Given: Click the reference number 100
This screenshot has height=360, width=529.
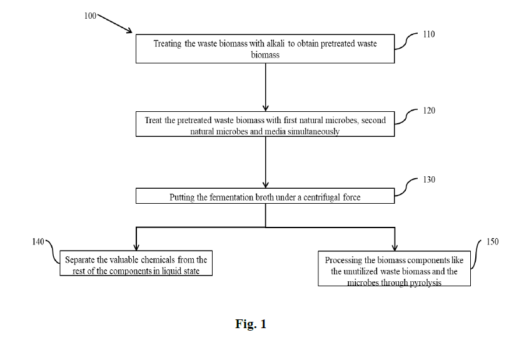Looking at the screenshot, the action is click(90, 16).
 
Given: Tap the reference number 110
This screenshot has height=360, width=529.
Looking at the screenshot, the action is click(429, 34).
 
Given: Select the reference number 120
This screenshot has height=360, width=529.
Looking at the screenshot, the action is click(429, 111).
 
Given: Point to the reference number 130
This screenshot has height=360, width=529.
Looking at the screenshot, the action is click(429, 179).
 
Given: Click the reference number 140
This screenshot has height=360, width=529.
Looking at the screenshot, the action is click(38, 241).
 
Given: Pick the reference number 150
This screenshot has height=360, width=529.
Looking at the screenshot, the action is click(492, 241).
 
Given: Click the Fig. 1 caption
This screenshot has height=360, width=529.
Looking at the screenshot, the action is click(251, 324).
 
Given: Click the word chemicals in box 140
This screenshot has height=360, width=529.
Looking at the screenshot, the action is click(158, 260).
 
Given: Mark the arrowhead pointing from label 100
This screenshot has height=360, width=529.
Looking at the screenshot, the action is click(129, 31).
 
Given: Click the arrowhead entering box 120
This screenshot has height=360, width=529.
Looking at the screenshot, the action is click(266, 108).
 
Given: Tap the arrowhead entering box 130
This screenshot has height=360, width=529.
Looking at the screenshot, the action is click(266, 185).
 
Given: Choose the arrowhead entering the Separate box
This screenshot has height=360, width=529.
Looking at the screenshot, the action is click(136, 247).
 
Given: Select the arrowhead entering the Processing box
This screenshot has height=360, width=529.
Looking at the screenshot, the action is click(395, 247).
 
